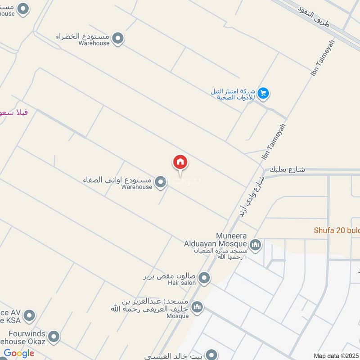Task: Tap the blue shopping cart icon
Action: pyautogui.click(x=264, y=93)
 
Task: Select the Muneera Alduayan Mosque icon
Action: pyautogui.click(x=255, y=245)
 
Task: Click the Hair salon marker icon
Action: pyautogui.click(x=204, y=278)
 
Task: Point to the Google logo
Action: pyautogui.click(x=19, y=353)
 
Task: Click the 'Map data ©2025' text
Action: pyautogui.click(x=336, y=355)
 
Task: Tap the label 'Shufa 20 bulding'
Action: pyautogui.click(x=337, y=230)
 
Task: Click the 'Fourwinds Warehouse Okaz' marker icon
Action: pyautogui.click(x=54, y=337)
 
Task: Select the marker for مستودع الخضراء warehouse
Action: pyautogui.click(x=118, y=39)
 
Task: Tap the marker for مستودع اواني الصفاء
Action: pyautogui.click(x=160, y=182)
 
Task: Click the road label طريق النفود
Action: pyautogui.click(x=314, y=16)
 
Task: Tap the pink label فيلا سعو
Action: pyautogui.click(x=13, y=112)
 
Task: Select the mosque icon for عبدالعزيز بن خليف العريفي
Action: pyautogui.click(x=197, y=307)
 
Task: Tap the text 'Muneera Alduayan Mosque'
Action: pyautogui.click(x=216, y=240)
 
